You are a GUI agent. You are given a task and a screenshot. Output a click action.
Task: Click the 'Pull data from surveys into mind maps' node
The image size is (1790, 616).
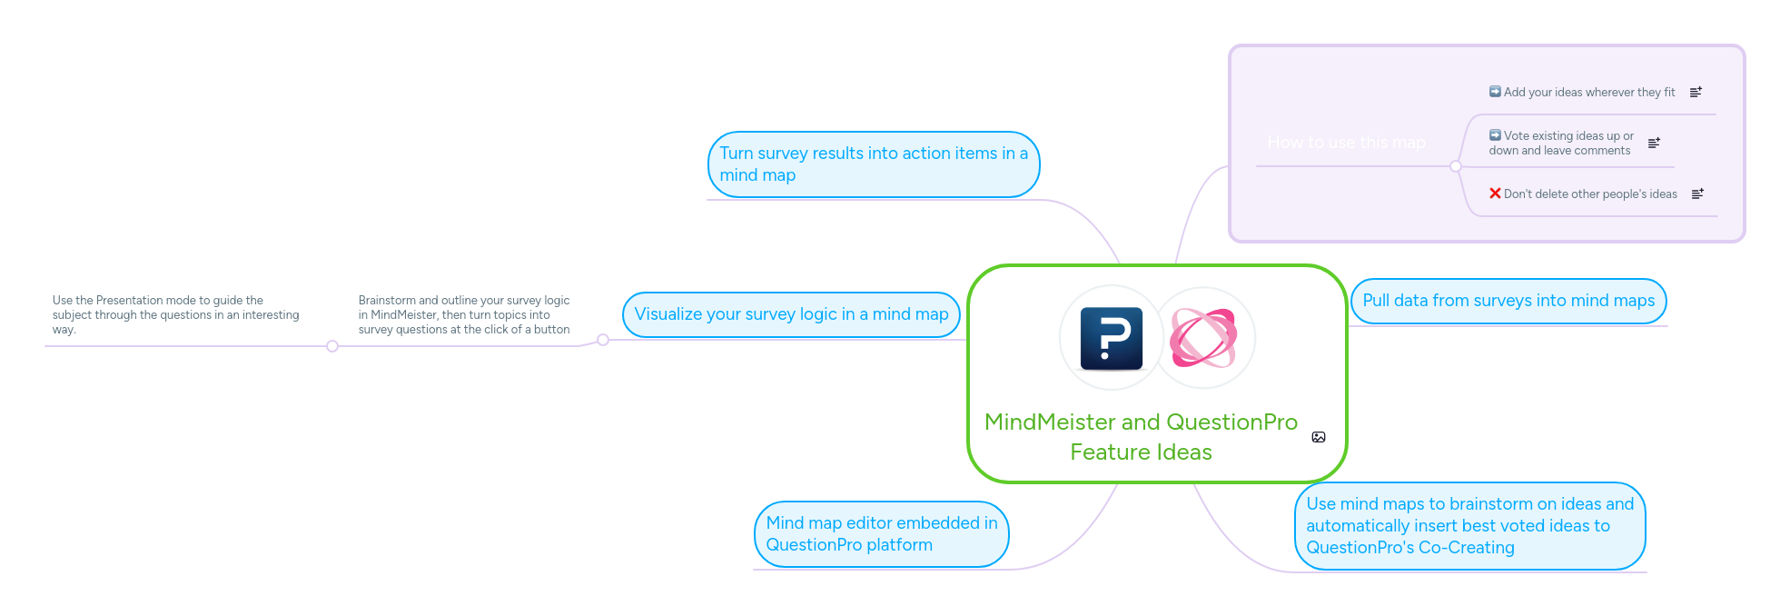point(1508,301)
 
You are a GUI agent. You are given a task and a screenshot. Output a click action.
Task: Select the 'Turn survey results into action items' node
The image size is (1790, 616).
point(873,164)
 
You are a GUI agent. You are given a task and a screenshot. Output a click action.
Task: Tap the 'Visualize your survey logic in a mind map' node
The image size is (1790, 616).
point(790,314)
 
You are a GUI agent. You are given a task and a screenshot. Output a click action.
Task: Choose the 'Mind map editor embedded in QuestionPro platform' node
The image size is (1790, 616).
point(881,534)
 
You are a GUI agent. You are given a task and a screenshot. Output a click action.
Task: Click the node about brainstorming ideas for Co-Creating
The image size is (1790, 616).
point(1469,526)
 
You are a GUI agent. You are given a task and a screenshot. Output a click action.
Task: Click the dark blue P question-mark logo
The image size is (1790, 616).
point(1111,338)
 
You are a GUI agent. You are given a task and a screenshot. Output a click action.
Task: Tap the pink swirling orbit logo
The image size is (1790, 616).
point(1203,338)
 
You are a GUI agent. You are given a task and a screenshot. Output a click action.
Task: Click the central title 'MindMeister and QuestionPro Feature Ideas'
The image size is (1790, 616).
point(1141,437)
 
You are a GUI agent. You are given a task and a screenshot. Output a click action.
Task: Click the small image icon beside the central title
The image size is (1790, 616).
point(1319,437)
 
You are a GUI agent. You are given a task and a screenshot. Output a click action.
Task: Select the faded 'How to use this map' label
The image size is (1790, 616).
point(1346,143)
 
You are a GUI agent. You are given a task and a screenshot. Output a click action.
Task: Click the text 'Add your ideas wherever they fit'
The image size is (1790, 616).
point(1588,93)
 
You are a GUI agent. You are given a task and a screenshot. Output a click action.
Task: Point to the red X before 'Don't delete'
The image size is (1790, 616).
point(1495,194)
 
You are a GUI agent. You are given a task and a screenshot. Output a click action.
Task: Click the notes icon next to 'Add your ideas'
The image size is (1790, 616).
point(1696,93)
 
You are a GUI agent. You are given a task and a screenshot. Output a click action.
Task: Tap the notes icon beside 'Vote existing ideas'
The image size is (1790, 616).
point(1654,143)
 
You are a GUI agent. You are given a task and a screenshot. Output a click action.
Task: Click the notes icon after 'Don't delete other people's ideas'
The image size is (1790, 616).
point(1697,194)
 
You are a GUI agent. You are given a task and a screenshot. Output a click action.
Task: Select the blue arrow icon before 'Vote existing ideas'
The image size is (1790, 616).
point(1495,135)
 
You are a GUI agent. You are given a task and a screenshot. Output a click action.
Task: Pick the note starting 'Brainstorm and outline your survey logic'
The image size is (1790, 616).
point(464,314)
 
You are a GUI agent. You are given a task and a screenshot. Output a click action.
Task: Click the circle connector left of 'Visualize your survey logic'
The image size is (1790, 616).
point(603,340)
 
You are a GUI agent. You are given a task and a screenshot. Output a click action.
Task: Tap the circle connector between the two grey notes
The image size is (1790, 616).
point(332,346)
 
